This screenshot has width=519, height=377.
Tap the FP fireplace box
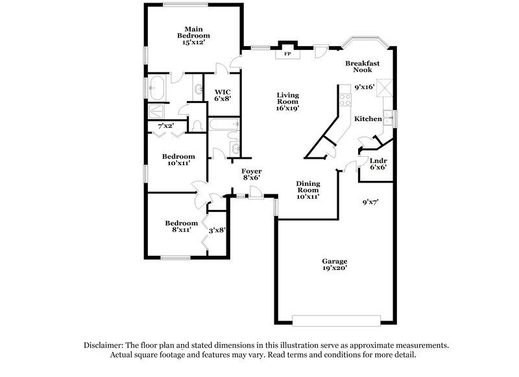click(x=287, y=54)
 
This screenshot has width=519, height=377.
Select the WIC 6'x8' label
click(x=223, y=94)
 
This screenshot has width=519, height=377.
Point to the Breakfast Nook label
click(x=362, y=66)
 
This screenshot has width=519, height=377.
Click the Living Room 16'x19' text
click(x=287, y=102)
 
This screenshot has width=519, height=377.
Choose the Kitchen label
click(x=367, y=119)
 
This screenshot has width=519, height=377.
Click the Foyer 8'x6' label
click(x=251, y=174)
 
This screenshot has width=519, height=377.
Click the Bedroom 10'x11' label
click(x=178, y=160)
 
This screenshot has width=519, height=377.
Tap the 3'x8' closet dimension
click(x=217, y=229)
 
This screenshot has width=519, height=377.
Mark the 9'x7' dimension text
click(x=370, y=202)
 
